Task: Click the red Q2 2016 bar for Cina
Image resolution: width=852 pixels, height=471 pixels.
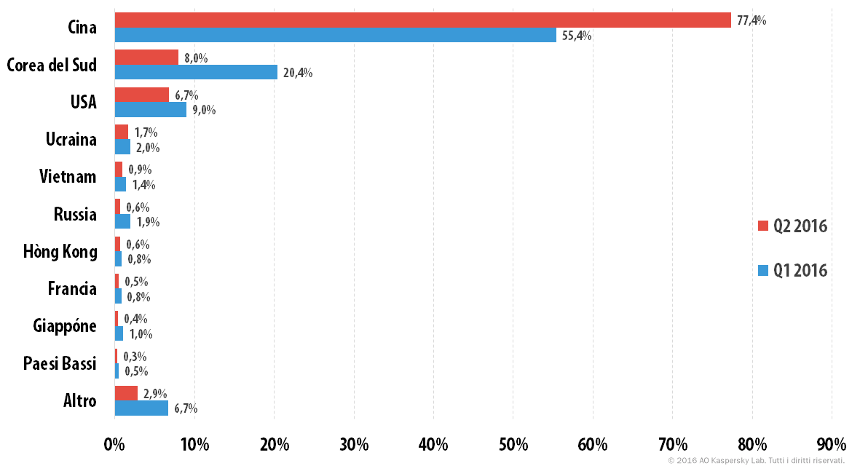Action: (x=423, y=20)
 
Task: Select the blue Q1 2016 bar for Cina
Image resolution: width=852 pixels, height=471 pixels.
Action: (x=335, y=35)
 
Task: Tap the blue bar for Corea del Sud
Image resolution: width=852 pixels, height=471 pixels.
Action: (x=196, y=72)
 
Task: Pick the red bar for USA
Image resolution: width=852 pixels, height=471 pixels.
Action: (x=142, y=95)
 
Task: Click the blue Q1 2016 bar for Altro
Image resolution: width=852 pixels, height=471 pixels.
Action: (x=141, y=408)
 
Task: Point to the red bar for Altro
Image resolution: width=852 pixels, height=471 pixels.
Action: (x=126, y=393)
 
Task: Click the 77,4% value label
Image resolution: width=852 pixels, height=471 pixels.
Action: (x=752, y=20)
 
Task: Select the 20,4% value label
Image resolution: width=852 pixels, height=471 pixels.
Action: (x=298, y=73)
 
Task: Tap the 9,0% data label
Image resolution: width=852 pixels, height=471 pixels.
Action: (x=204, y=110)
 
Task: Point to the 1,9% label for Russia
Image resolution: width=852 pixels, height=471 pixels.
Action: (x=148, y=222)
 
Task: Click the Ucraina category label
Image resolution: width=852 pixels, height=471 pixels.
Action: (x=71, y=140)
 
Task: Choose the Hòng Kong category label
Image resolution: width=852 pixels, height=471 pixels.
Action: (x=60, y=252)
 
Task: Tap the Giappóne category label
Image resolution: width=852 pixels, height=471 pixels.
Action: (x=65, y=326)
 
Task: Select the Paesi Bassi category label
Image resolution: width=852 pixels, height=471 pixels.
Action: (x=60, y=363)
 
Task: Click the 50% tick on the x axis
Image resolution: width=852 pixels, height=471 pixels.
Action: (x=513, y=445)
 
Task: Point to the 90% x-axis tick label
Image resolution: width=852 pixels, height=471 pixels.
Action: (x=832, y=445)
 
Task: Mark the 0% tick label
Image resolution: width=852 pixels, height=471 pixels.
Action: (x=114, y=445)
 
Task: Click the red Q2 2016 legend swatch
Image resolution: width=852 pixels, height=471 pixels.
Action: (x=763, y=226)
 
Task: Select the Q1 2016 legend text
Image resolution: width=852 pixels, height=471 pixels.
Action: (x=800, y=271)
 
